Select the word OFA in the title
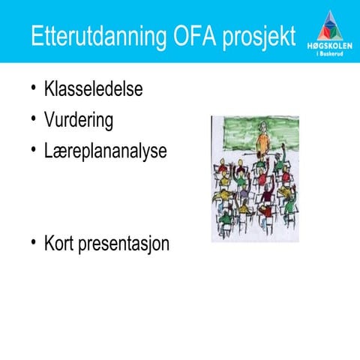(193, 37)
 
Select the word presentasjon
(128, 244)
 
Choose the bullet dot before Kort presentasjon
(33, 243)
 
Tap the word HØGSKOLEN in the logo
(330, 46)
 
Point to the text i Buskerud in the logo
(330, 54)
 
